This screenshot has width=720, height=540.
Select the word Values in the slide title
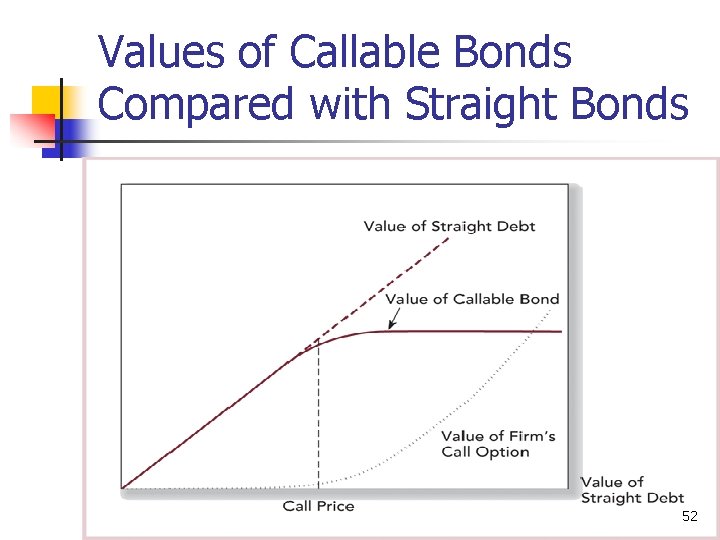[x=165, y=53]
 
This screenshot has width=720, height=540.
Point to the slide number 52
[x=689, y=517]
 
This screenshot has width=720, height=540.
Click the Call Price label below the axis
[x=318, y=506]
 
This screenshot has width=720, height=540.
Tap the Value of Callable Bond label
[x=472, y=299]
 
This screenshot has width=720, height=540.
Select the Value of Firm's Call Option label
[x=498, y=444]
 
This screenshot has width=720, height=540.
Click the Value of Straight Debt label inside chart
[x=449, y=226]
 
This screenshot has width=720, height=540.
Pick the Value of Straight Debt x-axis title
[x=632, y=490]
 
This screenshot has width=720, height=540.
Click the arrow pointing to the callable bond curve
[x=392, y=318]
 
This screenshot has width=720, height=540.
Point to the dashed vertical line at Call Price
[x=318, y=420]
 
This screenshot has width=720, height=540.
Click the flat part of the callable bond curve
[x=470, y=331]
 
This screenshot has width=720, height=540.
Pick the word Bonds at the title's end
[x=640, y=103]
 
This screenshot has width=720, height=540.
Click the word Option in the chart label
[x=504, y=452]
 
